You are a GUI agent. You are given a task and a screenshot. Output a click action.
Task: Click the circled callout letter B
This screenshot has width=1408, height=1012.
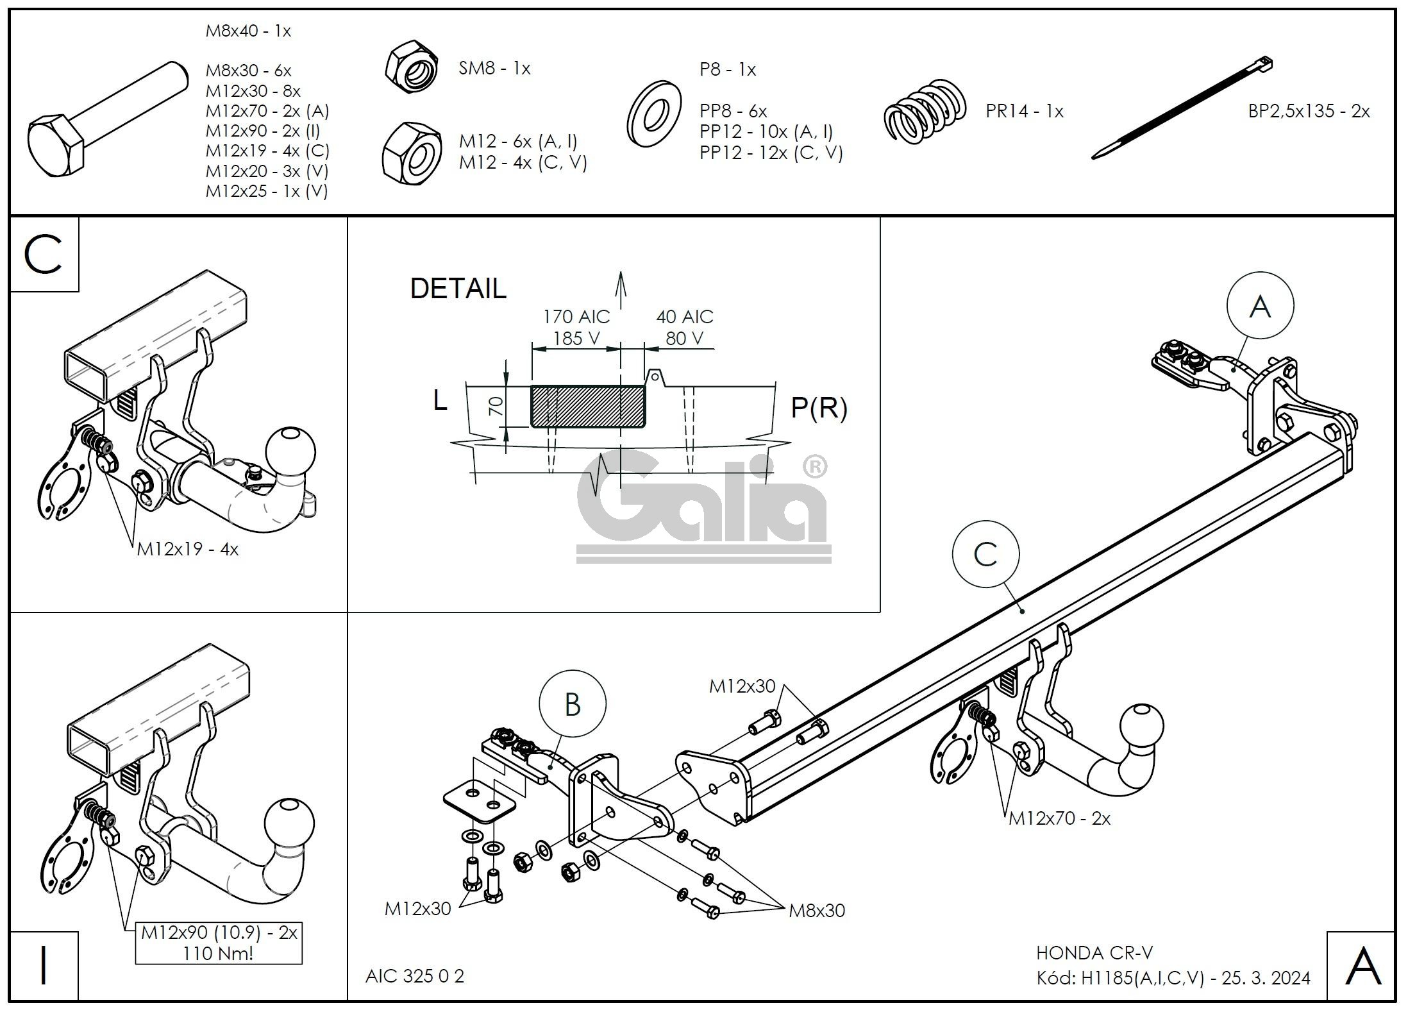[x=572, y=705]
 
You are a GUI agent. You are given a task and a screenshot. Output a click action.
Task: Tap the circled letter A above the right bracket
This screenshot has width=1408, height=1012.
[x=1260, y=306]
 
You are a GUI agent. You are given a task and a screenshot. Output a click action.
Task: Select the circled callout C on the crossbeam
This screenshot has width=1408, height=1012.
[x=985, y=553]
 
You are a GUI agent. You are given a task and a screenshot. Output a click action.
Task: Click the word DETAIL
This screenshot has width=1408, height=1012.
[x=458, y=289]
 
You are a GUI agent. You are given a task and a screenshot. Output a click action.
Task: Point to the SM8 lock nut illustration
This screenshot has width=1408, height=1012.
[x=412, y=68]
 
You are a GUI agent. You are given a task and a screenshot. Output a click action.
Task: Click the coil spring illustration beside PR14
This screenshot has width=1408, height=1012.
[x=926, y=111]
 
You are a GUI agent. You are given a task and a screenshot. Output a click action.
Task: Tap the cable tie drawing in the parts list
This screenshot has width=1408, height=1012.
[x=1182, y=110]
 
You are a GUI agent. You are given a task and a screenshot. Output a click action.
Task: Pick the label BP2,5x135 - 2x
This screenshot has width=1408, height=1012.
[x=1309, y=112]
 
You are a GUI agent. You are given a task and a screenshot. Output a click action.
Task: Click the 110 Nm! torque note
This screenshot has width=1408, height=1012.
[x=217, y=954]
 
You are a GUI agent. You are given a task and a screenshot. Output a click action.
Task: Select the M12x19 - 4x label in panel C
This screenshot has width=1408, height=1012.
[x=187, y=549]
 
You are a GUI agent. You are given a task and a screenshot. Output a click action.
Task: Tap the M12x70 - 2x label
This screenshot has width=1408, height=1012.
[x=1059, y=818]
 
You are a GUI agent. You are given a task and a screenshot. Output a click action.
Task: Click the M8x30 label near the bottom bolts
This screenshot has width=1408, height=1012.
[x=816, y=911]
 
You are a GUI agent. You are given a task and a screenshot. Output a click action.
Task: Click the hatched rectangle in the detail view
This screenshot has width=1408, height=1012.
[x=588, y=406]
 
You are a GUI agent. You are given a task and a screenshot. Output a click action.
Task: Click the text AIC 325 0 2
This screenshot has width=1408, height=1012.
[x=414, y=975]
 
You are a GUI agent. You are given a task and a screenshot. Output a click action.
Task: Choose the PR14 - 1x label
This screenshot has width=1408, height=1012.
[x=1024, y=112]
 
